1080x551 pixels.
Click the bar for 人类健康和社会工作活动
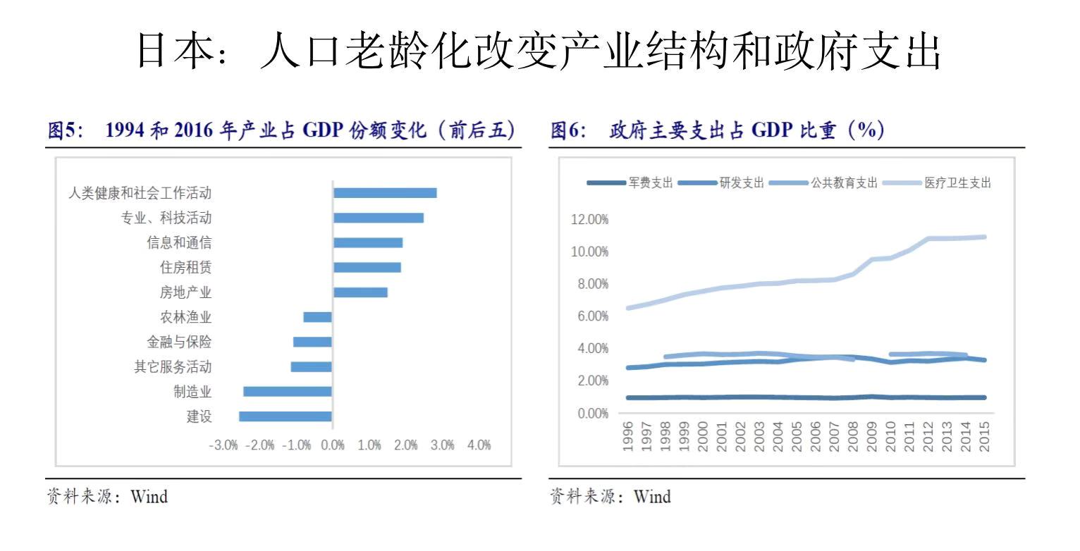[x=385, y=193]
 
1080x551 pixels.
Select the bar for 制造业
[x=288, y=392]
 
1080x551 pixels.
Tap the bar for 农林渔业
[x=317, y=317]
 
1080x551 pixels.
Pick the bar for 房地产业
[x=360, y=292]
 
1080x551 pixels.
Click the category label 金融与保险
[x=179, y=342]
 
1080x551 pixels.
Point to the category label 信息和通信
[x=179, y=243]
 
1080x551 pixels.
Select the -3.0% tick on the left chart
[x=223, y=446]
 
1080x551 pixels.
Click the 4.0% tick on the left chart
[x=479, y=446]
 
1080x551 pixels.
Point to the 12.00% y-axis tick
[x=587, y=220]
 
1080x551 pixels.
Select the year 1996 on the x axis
[x=628, y=437]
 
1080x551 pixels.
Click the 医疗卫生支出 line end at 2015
[x=983, y=237]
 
